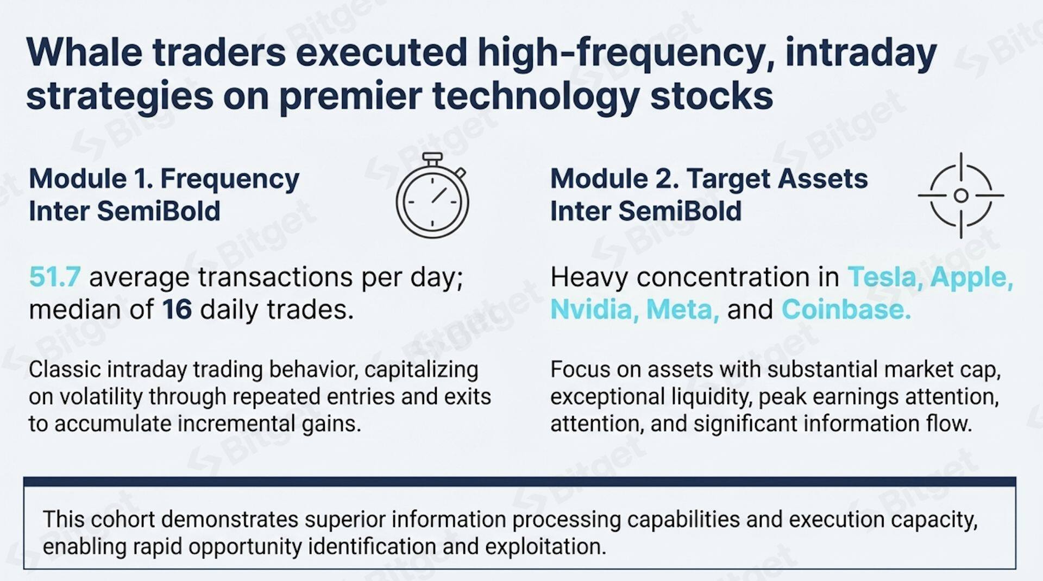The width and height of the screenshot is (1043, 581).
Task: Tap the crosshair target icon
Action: coord(960,195)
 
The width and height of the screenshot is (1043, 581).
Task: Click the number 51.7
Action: coord(54,277)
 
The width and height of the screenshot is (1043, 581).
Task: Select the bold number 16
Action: coord(177,310)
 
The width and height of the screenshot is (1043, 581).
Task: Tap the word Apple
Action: coord(971,277)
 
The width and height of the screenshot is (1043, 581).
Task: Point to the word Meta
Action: coord(682,310)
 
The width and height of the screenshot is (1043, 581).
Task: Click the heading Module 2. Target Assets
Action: coord(708,179)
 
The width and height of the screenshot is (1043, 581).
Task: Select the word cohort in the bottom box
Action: coord(123,520)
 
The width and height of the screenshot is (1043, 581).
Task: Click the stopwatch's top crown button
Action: coord(432,158)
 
